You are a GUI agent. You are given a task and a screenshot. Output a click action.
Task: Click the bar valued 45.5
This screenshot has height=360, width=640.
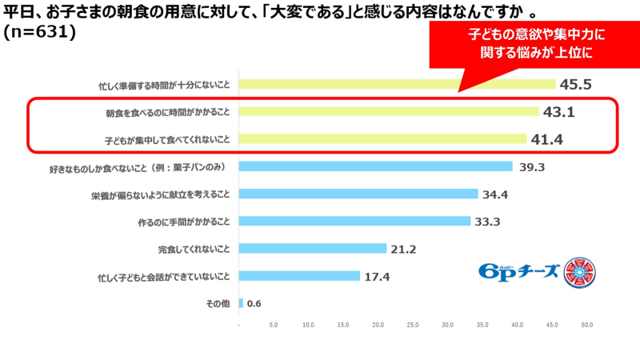tap(397, 84)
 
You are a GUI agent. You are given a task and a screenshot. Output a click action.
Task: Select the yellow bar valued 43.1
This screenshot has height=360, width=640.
tap(389, 111)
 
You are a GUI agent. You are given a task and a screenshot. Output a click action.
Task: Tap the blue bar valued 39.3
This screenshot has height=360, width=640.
tap(376, 166)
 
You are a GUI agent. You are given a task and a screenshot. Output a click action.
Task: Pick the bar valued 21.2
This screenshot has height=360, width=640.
tap(313, 249)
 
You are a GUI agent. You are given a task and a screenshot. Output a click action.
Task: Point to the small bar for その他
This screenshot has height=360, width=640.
tap(242, 303)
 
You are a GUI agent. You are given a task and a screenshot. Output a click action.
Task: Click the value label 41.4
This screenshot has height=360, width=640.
tap(549, 139)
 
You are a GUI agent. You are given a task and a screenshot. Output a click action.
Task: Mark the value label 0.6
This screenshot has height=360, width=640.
tap(255, 304)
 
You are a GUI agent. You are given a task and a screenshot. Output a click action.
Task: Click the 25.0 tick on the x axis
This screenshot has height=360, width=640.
tap(413, 325)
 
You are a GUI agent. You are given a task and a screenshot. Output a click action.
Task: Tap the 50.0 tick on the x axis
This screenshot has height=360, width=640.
tap(586, 325)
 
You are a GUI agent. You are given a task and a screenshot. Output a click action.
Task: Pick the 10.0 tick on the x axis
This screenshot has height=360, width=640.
tap(309, 325)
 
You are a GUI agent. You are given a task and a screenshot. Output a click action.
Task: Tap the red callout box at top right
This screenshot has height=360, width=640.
tap(526, 44)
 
